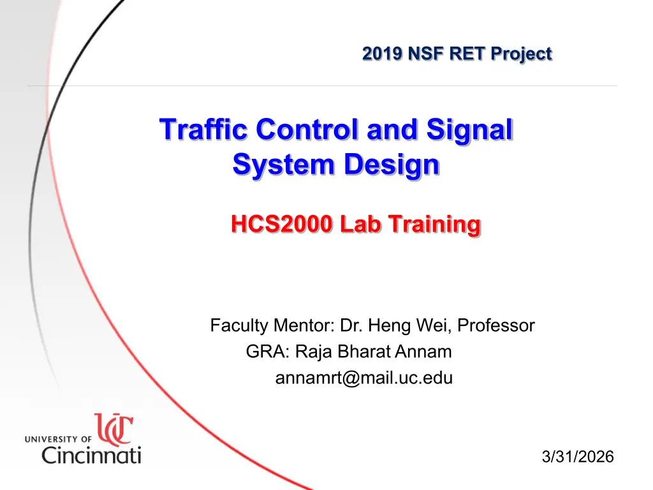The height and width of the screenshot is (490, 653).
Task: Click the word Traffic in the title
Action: coord(204,129)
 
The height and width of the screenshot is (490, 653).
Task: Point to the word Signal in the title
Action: coord(469,130)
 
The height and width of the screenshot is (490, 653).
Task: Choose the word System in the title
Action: coord(284,165)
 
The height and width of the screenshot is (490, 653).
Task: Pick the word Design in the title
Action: coord(392,165)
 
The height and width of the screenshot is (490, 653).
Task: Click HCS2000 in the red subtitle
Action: coord(282,224)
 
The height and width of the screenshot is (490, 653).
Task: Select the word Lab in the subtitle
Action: coord(360,224)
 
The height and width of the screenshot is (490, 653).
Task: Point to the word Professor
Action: coord(496,325)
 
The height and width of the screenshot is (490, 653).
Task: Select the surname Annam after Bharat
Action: coord(423,352)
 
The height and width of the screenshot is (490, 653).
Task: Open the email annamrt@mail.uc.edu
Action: coord(364,378)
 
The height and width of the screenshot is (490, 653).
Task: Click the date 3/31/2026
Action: coord(578,457)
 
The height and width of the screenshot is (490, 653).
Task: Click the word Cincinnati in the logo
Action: coord(91,454)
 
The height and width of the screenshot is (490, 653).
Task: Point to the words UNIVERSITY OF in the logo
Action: coord(58,439)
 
